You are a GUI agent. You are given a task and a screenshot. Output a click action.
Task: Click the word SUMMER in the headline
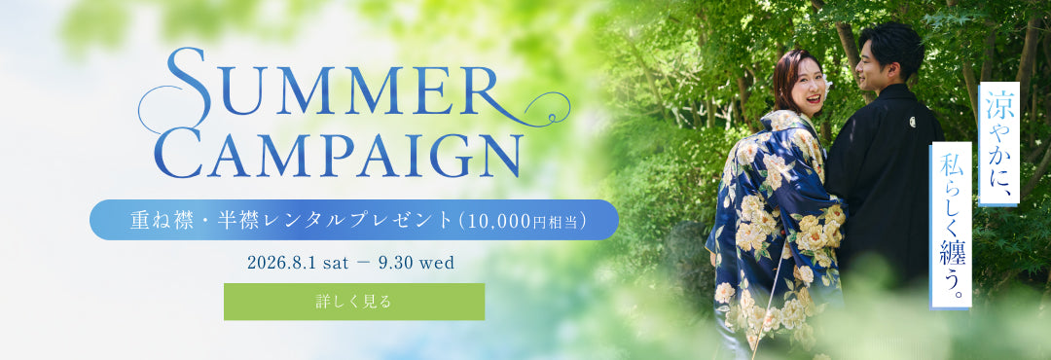pyautogui.click(x=334, y=83)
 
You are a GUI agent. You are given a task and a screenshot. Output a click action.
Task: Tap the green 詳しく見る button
pyautogui.click(x=354, y=302)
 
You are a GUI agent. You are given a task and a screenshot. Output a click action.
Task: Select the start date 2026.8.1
pyautogui.click(x=282, y=263)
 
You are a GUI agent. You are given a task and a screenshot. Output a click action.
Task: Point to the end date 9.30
pyautogui.click(x=395, y=263)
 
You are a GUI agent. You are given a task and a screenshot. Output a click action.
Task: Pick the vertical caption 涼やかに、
pyautogui.click(x=998, y=143)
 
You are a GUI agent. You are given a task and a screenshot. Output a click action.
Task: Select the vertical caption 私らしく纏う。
pyautogui.click(x=951, y=226)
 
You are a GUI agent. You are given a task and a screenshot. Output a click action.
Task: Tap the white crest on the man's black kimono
pyautogui.click(x=913, y=122)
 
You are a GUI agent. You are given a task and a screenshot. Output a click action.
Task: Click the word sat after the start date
pyautogui.click(x=336, y=263)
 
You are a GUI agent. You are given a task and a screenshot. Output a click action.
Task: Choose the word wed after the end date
pyautogui.click(x=437, y=263)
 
